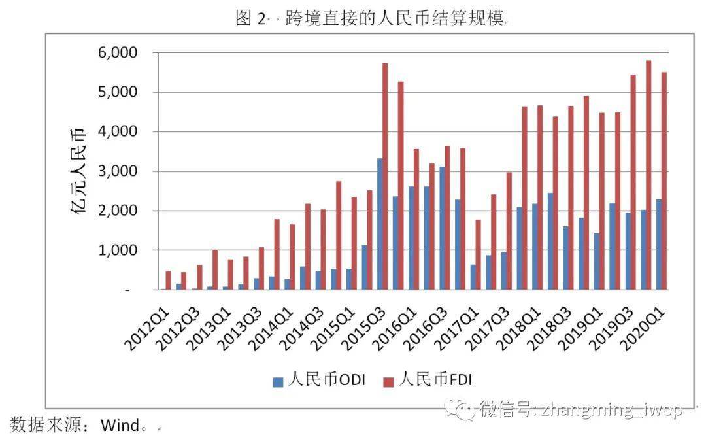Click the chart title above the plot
[371, 18]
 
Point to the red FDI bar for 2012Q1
[168, 280]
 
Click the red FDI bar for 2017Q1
[479, 254]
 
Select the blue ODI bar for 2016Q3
[441, 228]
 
